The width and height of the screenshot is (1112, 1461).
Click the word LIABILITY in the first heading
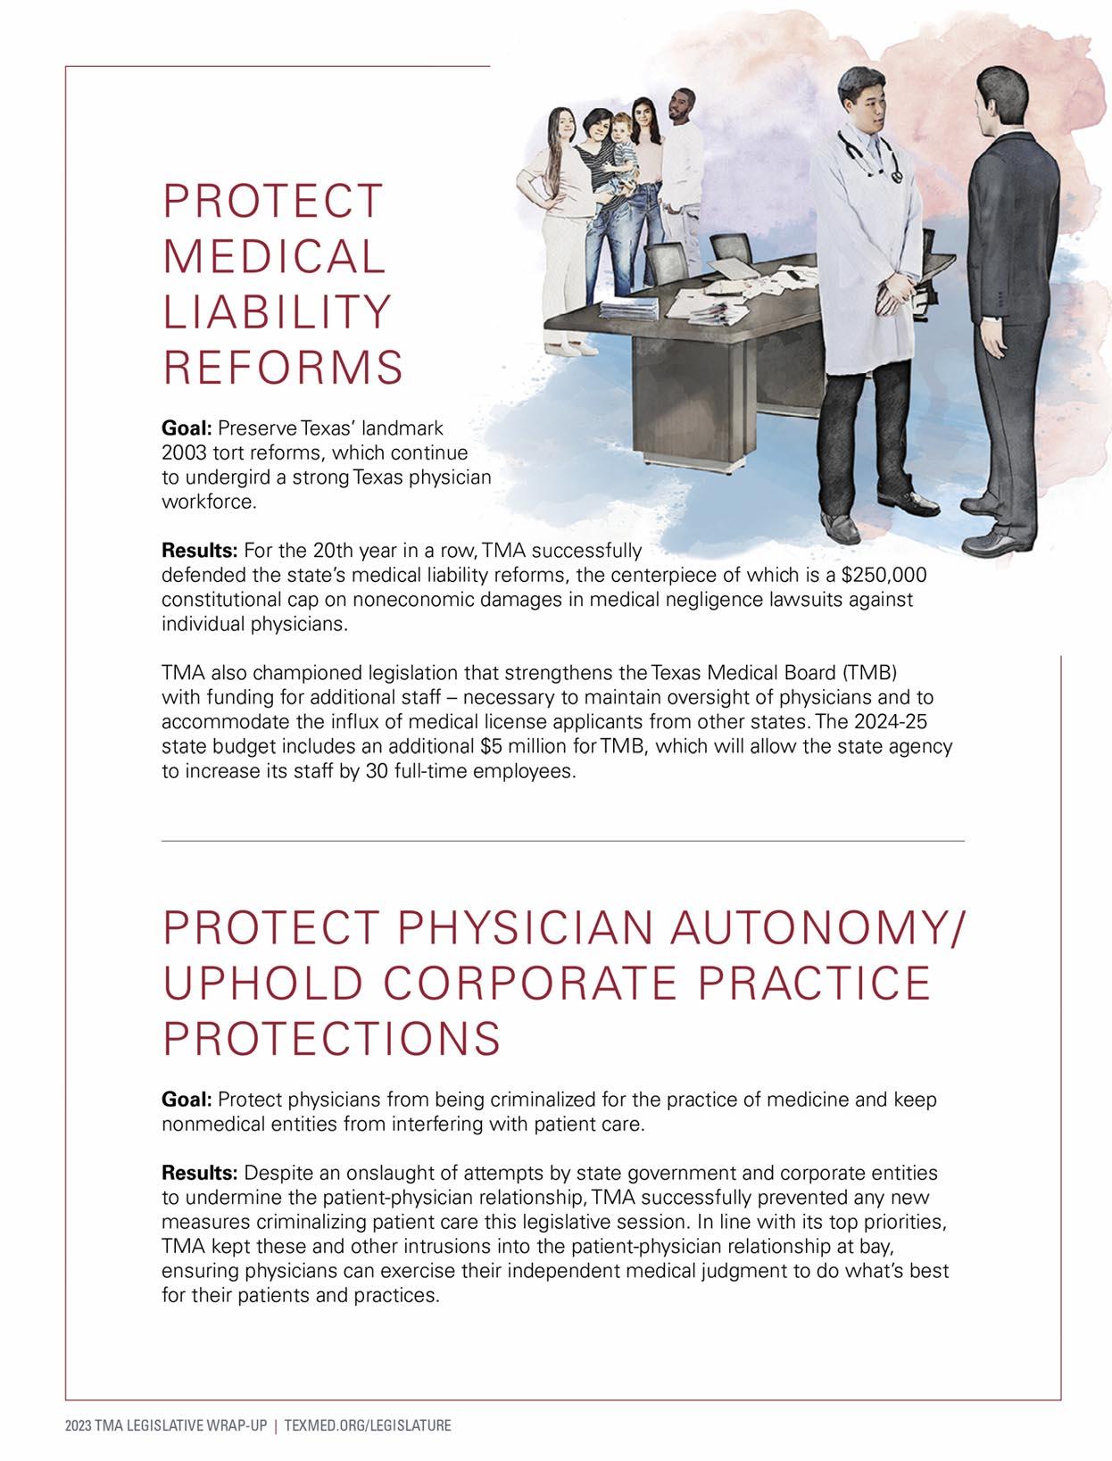[x=276, y=311]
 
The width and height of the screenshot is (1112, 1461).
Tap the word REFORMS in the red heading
[x=282, y=367]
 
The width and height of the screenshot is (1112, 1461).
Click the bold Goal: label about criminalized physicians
[x=186, y=1099]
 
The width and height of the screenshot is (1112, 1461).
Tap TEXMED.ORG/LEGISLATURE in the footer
[x=367, y=1426]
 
